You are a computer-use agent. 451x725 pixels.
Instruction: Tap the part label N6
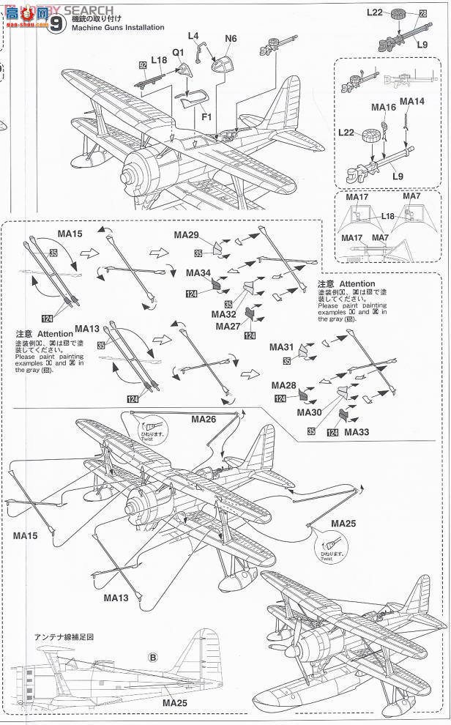[231, 38]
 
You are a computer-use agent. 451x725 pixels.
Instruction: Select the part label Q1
[179, 53]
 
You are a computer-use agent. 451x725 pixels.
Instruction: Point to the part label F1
[207, 116]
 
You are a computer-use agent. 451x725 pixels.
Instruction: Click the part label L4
[193, 35]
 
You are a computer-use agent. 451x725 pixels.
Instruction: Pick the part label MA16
[383, 107]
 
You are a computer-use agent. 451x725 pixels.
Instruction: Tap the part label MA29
[187, 235]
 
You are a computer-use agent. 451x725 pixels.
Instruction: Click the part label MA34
[199, 272]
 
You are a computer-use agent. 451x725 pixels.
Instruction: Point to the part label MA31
[282, 346]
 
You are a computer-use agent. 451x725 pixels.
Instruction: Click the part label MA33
[357, 433]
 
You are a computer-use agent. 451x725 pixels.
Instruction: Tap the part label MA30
[310, 412]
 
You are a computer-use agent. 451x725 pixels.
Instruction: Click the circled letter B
[152, 657]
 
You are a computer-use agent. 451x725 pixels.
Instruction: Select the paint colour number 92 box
[143, 64]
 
